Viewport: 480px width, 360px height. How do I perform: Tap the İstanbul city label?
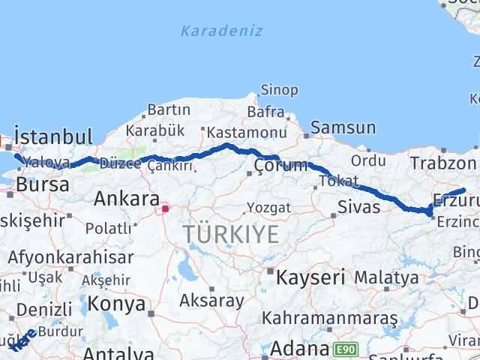pyautogui.click(x=53, y=137)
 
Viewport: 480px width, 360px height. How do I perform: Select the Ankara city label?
pyautogui.click(x=127, y=199)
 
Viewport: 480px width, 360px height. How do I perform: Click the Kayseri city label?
pyautogui.click(x=310, y=277)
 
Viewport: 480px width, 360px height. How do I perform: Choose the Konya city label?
pyautogui.click(x=116, y=304)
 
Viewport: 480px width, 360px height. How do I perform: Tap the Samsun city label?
pyautogui.click(x=343, y=128)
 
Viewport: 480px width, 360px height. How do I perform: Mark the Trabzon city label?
pyautogui.click(x=443, y=163)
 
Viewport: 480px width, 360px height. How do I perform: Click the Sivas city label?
pyautogui.click(x=358, y=207)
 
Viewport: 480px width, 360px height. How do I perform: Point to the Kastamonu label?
pyautogui.click(x=246, y=133)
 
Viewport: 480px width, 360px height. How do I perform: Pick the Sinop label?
pyautogui.click(x=278, y=91)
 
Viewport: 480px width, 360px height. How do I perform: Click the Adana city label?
pyautogui.click(x=300, y=349)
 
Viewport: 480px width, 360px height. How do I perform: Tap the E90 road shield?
pyautogui.click(x=346, y=349)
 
